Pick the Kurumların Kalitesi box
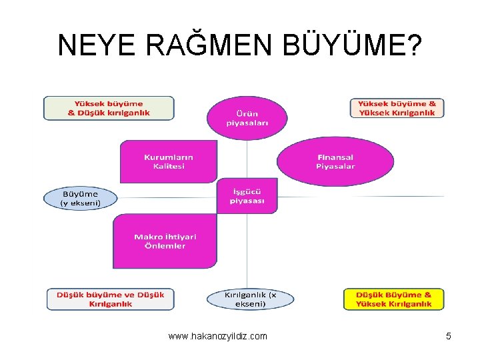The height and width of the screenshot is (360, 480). point(169,161)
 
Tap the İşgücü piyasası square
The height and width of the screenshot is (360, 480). point(247,196)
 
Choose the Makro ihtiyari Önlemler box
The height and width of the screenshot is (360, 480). point(165,241)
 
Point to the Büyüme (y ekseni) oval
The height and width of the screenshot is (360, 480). point(81,198)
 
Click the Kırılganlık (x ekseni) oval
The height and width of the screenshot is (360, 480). point(250,299)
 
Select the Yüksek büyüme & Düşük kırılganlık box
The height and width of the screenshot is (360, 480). point(109,108)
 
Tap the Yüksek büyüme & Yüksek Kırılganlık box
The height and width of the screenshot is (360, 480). point(397,108)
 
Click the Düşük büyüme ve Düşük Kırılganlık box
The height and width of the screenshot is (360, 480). point(111,299)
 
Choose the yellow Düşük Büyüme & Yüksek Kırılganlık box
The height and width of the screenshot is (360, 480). point(393,299)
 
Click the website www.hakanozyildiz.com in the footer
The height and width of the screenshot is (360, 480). point(218,336)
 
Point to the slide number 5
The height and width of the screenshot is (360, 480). point(449,336)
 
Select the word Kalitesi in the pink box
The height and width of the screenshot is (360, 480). point(169,166)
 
